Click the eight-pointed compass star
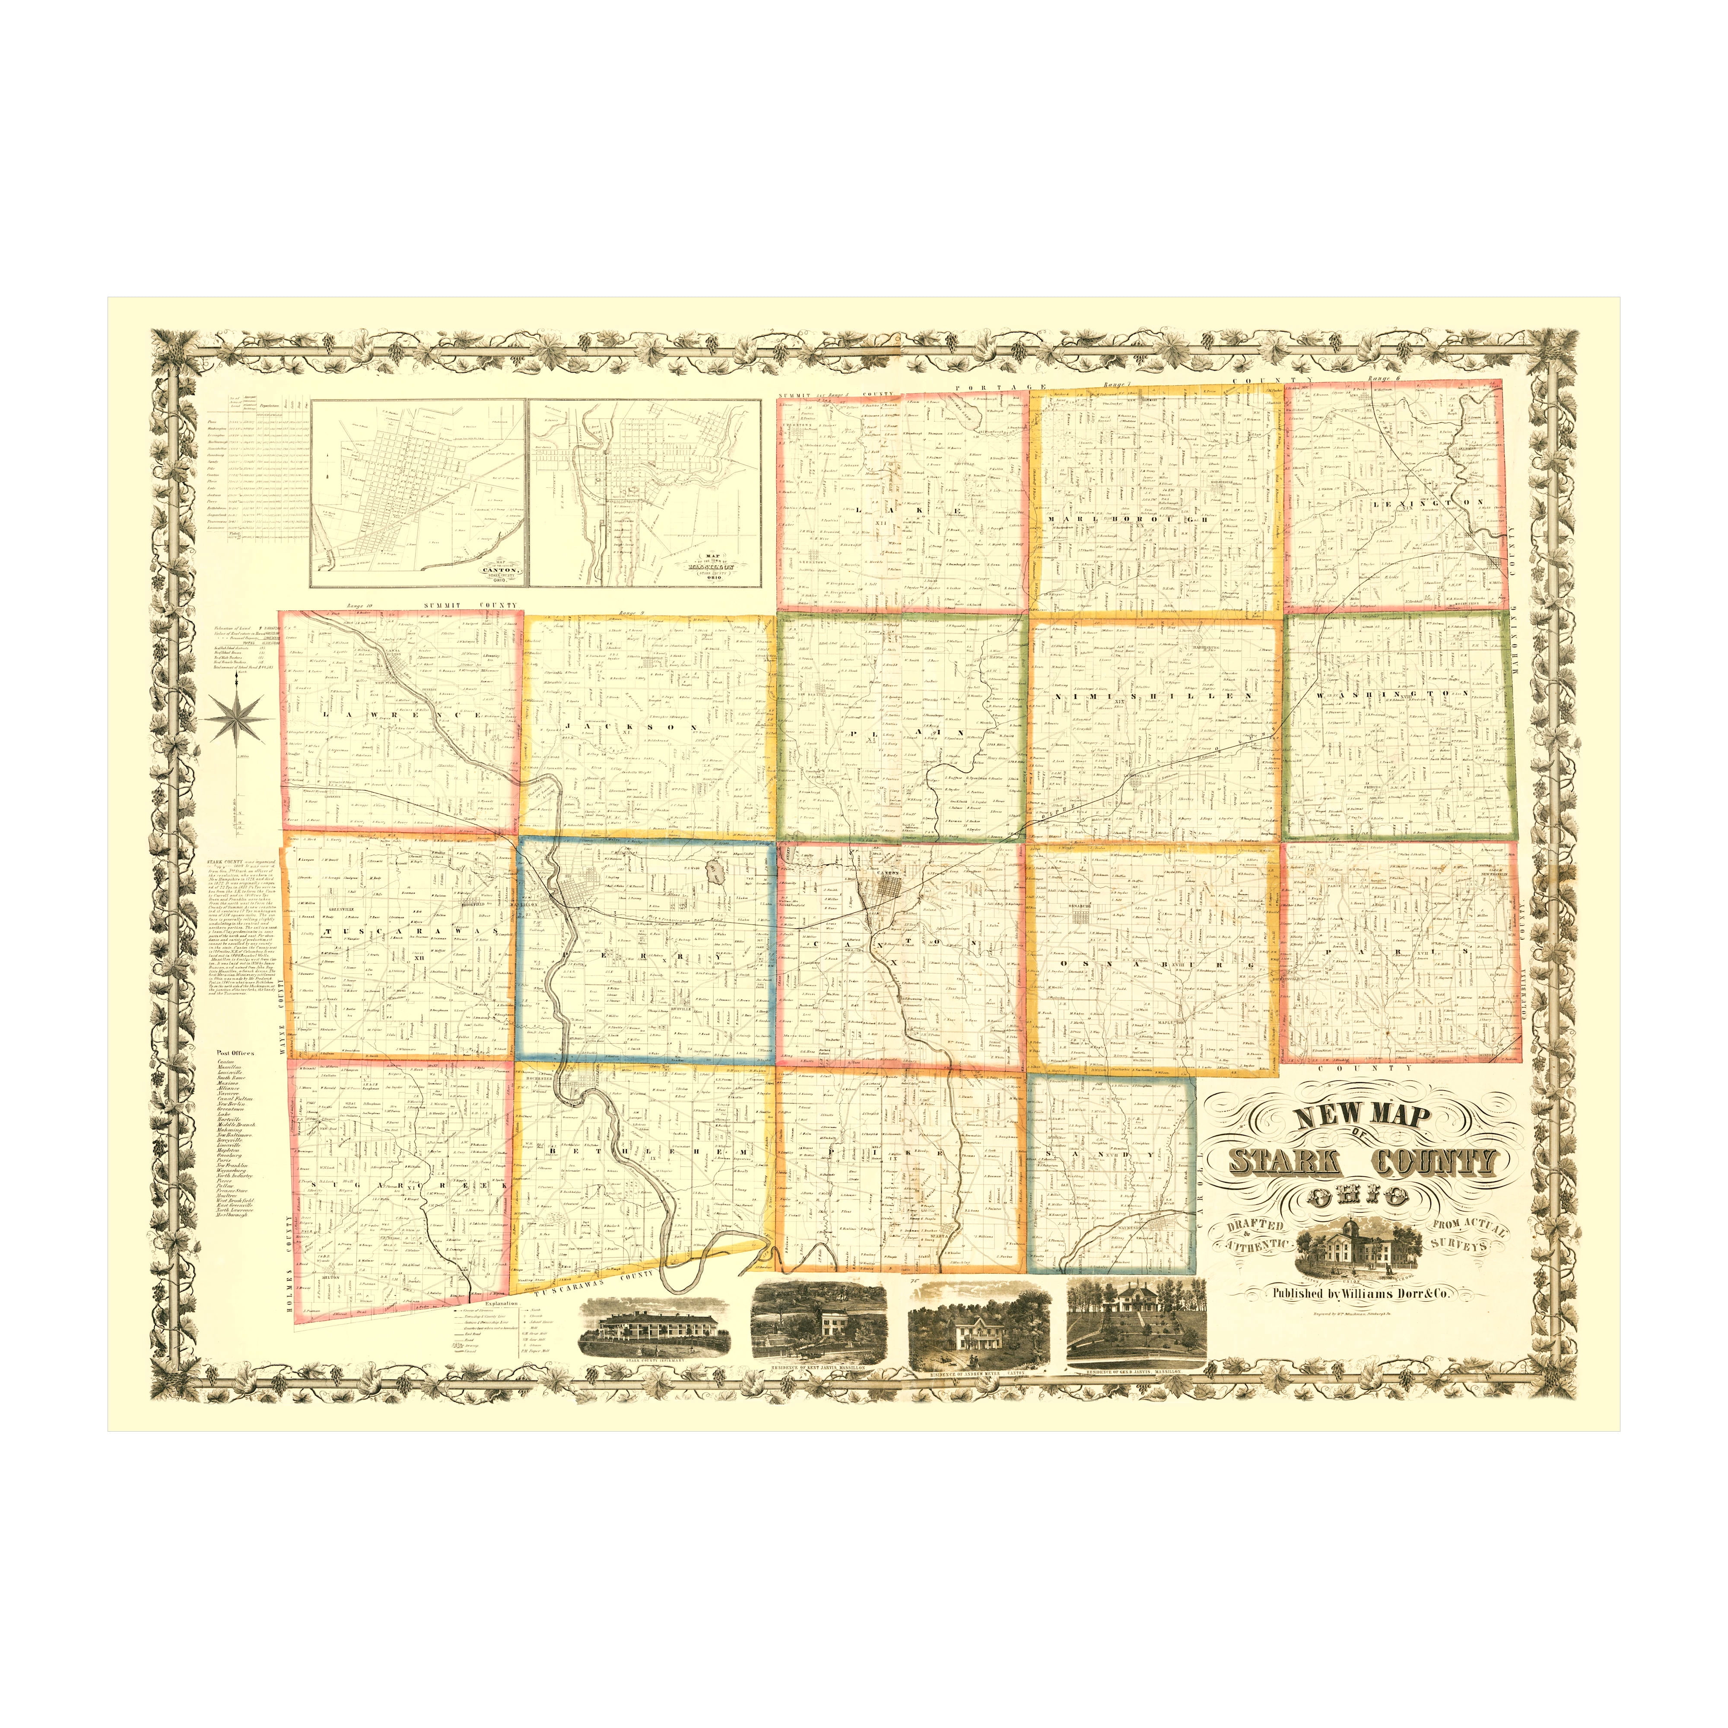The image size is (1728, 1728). point(237,718)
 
